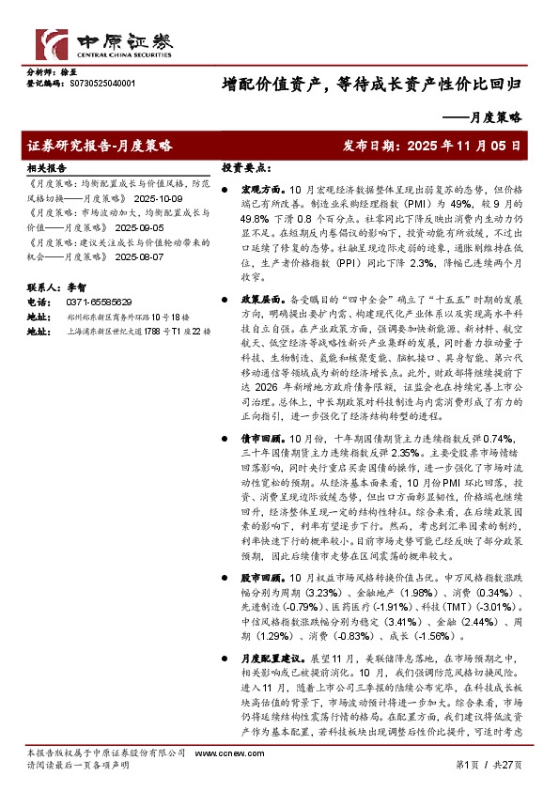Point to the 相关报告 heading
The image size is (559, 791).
point(46,166)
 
